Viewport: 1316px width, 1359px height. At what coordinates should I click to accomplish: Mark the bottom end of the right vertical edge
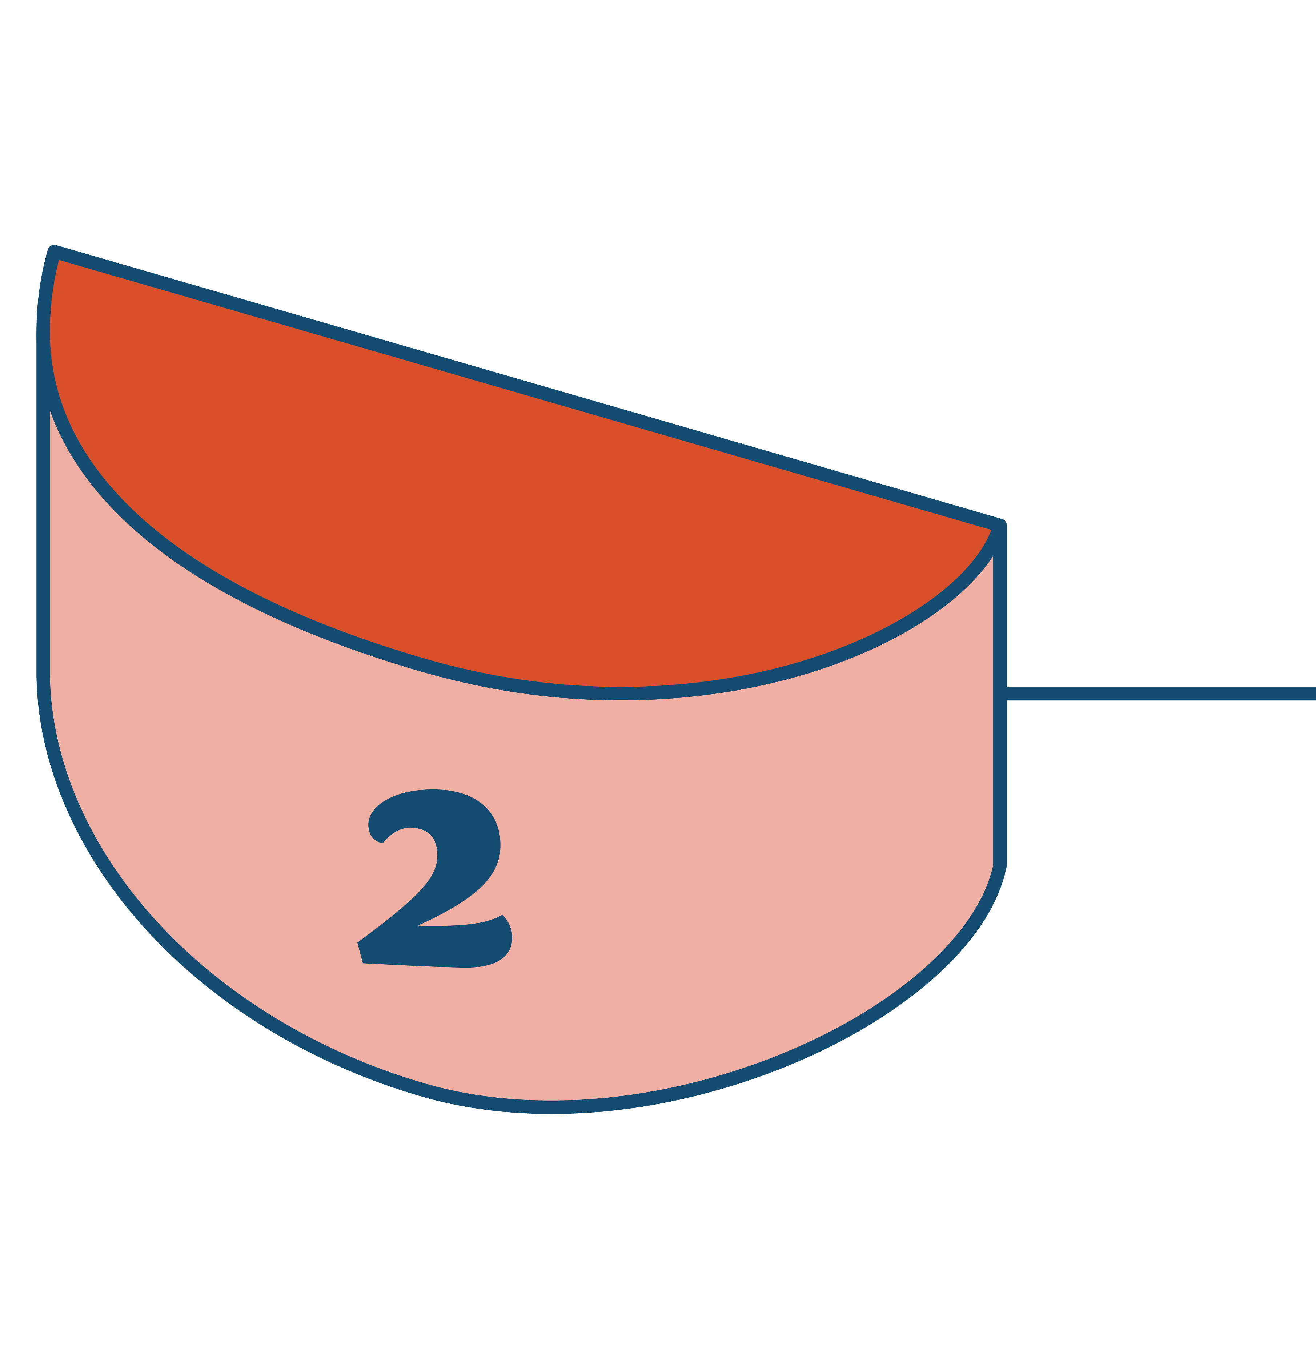pos(999,863)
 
